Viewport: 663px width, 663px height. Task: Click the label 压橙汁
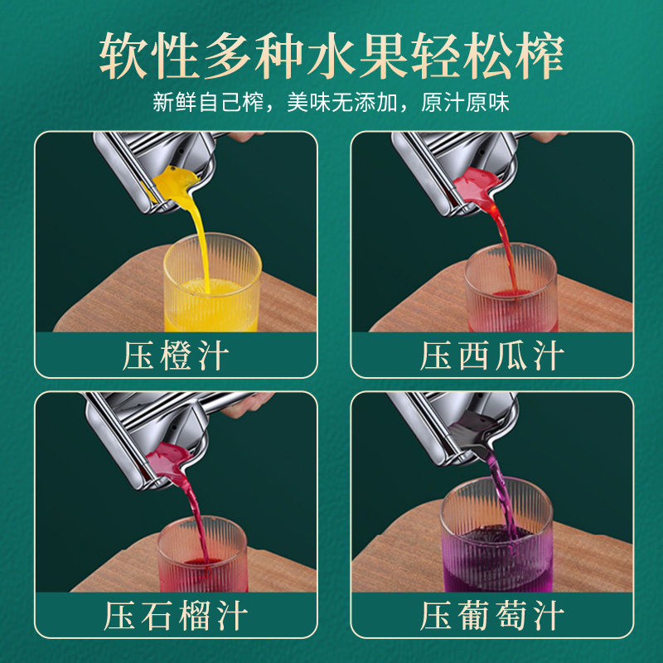click(x=176, y=356)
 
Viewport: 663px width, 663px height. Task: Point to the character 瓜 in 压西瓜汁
click(x=511, y=356)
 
